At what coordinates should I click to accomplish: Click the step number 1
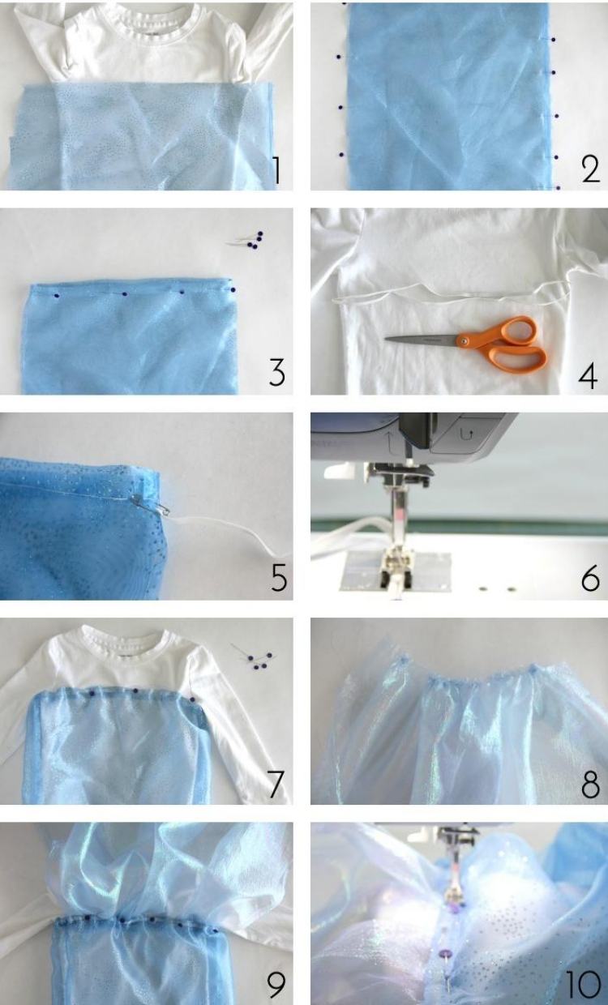coord(277,170)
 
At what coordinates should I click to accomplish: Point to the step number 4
coord(588,376)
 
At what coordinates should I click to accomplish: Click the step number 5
coord(279,577)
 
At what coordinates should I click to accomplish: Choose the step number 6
coord(590,578)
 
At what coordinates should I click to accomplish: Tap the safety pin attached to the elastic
coord(151,503)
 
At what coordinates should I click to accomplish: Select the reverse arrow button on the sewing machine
coord(465,434)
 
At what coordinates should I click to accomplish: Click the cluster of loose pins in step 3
coord(248,240)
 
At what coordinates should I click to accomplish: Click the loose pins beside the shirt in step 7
coord(254,658)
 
